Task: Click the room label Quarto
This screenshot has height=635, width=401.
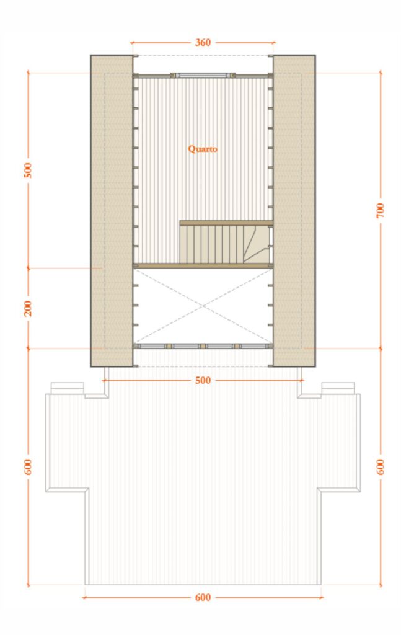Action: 203,149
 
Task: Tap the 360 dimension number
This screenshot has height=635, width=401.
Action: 203,43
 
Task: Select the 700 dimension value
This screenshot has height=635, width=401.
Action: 381,210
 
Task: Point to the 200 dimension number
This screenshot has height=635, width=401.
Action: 28,308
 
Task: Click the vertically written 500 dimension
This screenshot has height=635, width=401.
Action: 28,170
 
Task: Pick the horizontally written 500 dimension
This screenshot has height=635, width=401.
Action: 203,380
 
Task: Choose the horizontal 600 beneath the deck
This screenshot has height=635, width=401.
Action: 203,597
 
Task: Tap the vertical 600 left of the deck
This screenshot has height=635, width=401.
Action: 28,467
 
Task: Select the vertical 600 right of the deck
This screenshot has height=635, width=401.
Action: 381,467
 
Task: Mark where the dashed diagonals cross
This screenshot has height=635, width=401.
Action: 203,305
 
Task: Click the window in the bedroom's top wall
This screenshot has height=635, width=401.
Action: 203,74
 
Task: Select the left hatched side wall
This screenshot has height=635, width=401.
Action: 112,211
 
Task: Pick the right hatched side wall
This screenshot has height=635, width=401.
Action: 294,211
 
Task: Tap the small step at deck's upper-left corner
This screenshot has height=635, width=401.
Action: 67,388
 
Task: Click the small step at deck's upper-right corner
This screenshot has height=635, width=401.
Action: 338,388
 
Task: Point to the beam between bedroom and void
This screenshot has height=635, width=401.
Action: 203,265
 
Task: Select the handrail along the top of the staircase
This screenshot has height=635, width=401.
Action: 226,223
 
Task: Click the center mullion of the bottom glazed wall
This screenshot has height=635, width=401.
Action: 202,345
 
